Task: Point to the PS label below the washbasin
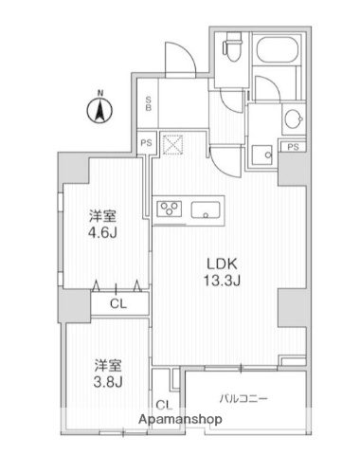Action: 295,147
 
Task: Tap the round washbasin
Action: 292,119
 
